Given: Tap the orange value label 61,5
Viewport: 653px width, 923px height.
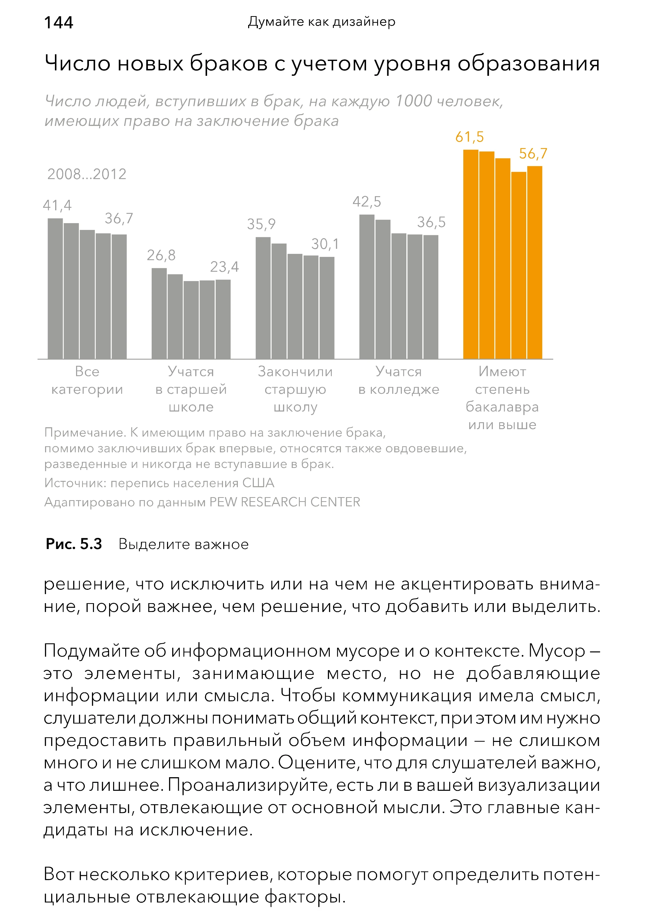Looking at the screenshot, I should (469, 137).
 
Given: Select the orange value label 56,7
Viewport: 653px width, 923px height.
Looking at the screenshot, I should (533, 154).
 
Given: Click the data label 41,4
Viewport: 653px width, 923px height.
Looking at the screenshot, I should (57, 206).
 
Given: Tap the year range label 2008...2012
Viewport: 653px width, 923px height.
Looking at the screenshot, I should (87, 174).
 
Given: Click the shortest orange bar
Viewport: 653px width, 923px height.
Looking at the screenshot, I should (518, 265).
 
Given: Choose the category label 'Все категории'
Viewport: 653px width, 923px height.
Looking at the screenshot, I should (87, 380).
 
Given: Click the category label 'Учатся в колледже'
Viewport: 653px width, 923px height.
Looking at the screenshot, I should (399, 380).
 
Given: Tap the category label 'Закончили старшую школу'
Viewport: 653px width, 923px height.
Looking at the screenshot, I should (295, 389).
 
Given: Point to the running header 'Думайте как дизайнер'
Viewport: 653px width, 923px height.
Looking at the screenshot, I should (321, 22).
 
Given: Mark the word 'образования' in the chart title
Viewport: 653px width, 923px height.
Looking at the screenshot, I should (528, 63).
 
